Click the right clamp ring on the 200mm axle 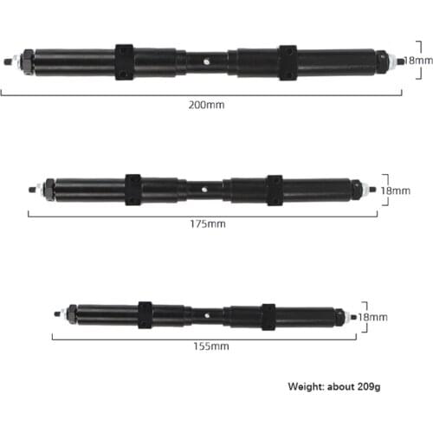[288, 62]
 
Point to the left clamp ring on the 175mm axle [133, 190]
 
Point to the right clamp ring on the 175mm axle [275, 190]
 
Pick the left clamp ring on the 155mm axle [145, 315]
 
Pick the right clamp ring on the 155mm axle [268, 316]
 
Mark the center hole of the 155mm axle [208, 314]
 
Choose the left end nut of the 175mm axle [48, 188]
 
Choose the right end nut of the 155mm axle [343, 317]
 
